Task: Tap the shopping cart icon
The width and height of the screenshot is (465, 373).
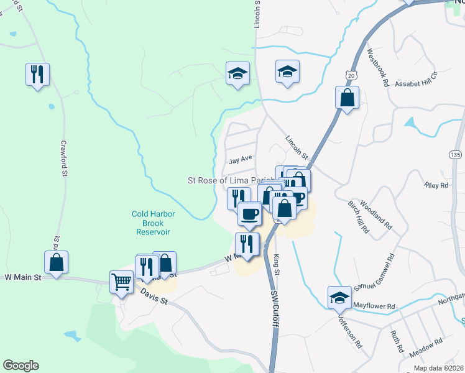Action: (121, 281)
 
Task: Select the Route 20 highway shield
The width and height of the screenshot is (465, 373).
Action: (351, 75)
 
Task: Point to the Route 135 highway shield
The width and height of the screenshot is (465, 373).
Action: (456, 153)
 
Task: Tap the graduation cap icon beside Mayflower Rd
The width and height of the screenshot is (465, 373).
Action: (339, 297)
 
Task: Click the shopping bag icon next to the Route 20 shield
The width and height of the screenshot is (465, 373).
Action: (347, 98)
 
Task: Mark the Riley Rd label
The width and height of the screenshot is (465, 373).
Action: (435, 185)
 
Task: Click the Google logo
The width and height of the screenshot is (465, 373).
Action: (21, 366)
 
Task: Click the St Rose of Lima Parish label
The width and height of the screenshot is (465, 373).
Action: (231, 180)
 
